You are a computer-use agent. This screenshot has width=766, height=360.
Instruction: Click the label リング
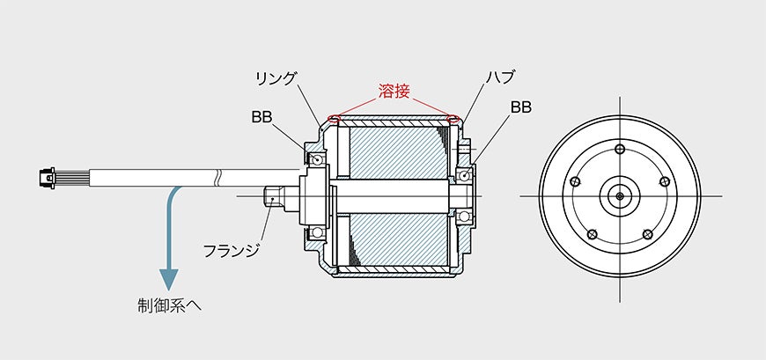point(276,78)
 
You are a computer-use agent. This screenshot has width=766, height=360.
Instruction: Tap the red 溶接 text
point(394,92)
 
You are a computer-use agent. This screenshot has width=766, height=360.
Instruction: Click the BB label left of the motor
point(261,117)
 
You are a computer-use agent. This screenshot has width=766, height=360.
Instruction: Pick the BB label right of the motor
point(520,107)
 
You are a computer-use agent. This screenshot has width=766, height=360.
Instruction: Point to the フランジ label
point(231,251)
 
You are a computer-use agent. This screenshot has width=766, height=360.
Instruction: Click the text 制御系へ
point(170,306)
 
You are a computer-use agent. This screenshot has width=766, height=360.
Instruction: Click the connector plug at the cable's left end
point(47,179)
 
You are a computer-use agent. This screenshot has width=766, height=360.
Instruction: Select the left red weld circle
point(335,119)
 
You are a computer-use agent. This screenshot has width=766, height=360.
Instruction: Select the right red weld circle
point(453,119)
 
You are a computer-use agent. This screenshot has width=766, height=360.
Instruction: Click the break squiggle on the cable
point(218,178)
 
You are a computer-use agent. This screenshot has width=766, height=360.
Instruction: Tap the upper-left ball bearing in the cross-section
point(319,159)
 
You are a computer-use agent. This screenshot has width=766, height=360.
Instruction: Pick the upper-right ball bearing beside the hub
point(465,175)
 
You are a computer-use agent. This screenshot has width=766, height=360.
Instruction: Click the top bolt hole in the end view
point(620,149)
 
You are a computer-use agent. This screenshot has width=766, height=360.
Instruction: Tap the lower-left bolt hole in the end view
point(593,233)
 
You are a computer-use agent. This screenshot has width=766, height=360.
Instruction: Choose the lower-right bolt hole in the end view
point(647,233)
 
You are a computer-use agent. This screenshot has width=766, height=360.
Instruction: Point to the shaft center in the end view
point(620,196)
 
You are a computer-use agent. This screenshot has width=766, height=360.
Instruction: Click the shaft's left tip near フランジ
point(265,196)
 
